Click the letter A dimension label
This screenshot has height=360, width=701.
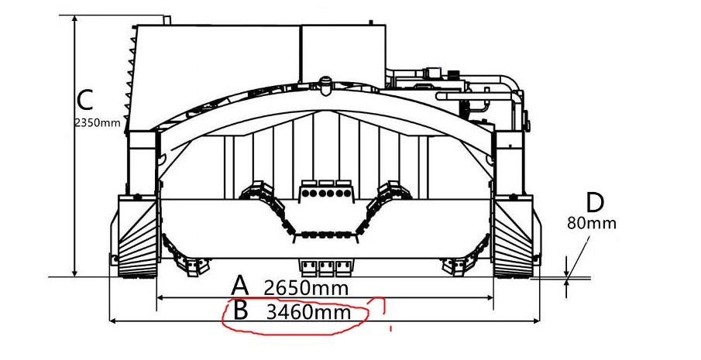point(241,285)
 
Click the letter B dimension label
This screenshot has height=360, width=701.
point(241,311)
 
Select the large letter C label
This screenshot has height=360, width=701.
point(85,99)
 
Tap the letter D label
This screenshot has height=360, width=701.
point(594,203)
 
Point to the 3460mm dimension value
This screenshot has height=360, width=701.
point(308,314)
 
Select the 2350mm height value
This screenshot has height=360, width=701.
point(98,122)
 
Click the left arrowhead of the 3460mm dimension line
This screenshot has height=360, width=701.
point(111,320)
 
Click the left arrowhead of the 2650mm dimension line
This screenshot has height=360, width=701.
point(160,297)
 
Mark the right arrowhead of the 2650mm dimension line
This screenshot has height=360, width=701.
point(491,297)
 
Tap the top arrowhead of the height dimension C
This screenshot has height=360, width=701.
point(75,19)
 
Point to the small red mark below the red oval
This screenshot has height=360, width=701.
point(391,329)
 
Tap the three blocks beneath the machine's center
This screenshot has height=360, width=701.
point(326,267)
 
